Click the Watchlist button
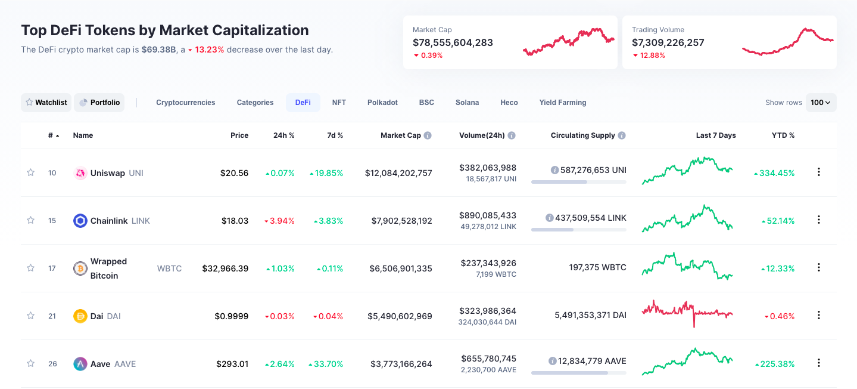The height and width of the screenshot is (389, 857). [x=46, y=103]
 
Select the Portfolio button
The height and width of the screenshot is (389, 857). [x=99, y=103]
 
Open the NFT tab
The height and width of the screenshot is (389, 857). [x=339, y=103]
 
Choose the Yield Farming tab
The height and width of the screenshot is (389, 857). [x=562, y=103]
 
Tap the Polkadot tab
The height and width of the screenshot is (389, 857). [x=382, y=103]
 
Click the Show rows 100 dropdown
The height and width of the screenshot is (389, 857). [x=821, y=103]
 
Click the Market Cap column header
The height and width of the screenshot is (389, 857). [x=400, y=135]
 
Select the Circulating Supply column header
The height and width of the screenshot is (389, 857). [x=582, y=135]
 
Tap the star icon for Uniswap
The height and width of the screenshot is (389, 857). [x=30, y=172]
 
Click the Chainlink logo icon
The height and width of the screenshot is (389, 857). [x=80, y=221]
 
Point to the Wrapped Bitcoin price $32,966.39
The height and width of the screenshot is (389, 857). [x=225, y=268]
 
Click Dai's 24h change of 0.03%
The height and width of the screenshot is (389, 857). [x=279, y=316]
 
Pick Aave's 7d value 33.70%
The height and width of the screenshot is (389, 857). [x=326, y=364]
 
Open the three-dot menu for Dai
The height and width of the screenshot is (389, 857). [x=818, y=315]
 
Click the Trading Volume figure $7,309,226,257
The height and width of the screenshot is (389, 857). [x=668, y=42]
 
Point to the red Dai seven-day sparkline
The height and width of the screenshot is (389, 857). [x=687, y=311]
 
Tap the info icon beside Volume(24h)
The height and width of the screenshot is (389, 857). [x=512, y=135]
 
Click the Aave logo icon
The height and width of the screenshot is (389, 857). [x=80, y=364]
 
